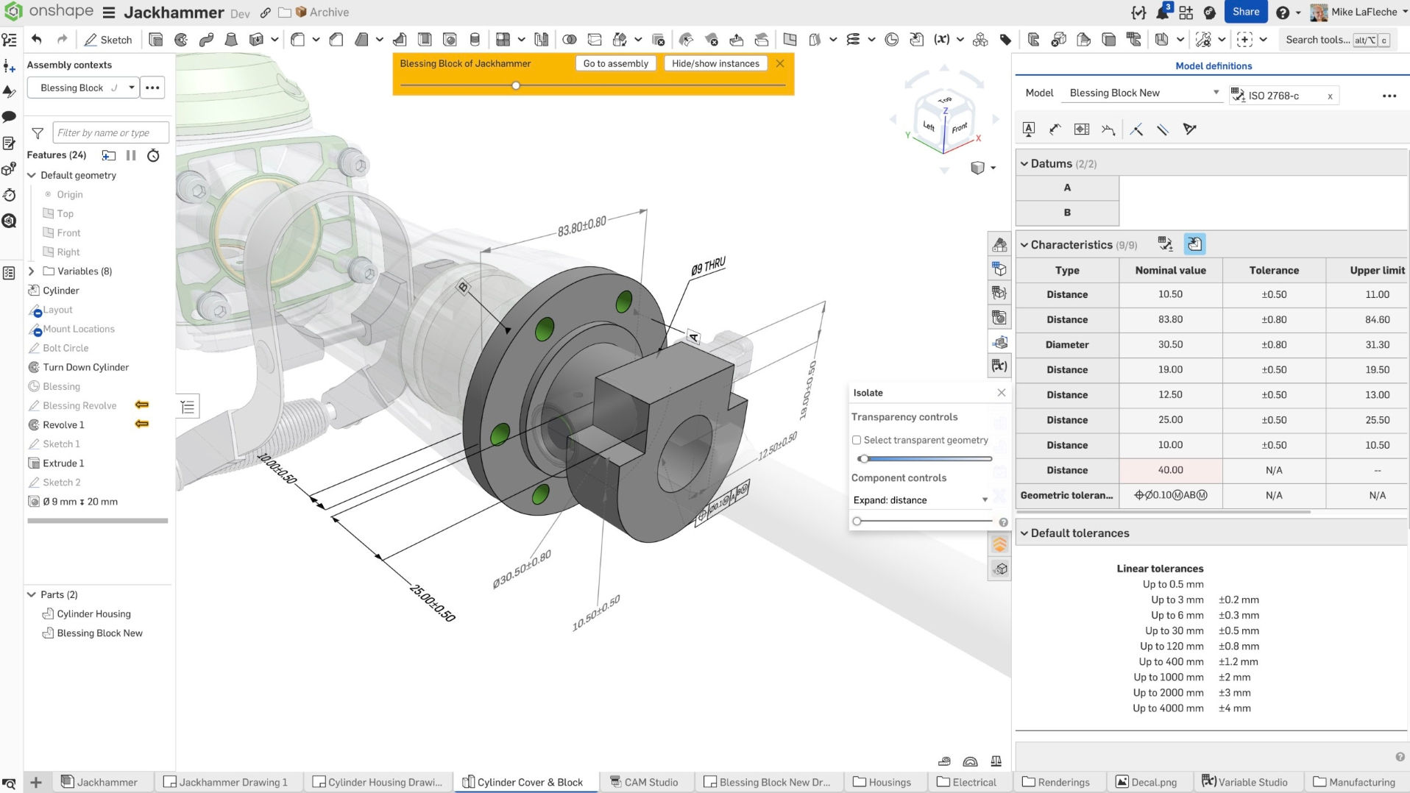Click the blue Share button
[1245, 12]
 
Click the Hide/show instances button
[715, 63]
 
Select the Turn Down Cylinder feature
[85, 367]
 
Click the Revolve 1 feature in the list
[63, 424]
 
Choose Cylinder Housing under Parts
[93, 614]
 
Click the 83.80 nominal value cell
[1170, 319]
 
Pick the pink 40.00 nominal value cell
[1170, 470]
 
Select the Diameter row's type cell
[1066, 344]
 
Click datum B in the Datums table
[1066, 213]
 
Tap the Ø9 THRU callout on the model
[708, 266]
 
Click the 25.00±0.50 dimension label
[433, 602]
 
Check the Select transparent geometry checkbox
[857, 440]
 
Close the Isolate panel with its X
[1001, 393]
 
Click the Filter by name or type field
[110, 133]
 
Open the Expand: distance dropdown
[920, 500]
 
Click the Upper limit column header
[1376, 270]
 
